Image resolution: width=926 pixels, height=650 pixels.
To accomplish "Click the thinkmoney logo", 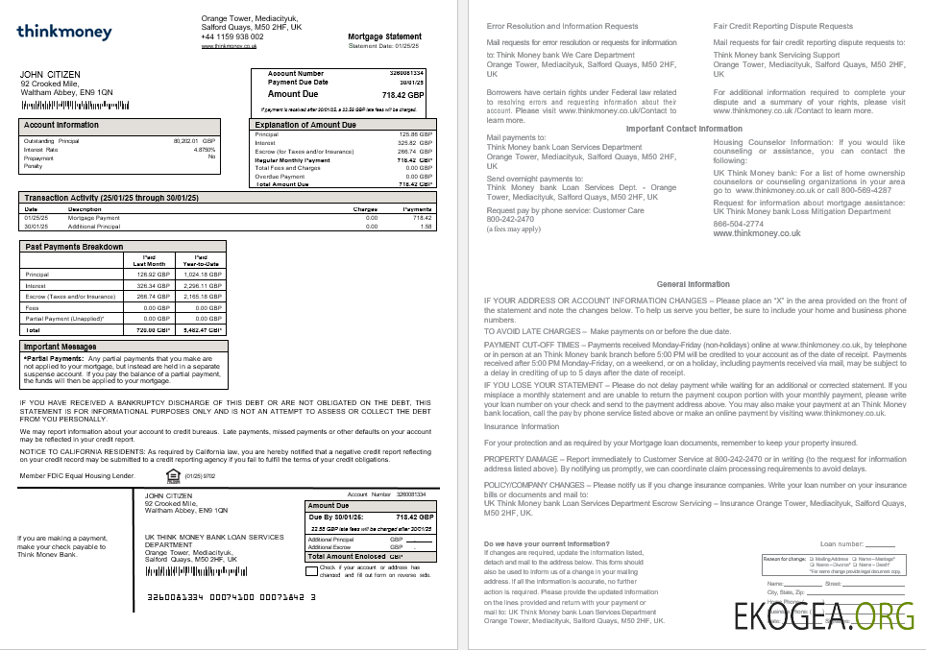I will click(x=64, y=33).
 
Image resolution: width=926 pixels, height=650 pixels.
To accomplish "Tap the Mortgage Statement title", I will click(x=384, y=36).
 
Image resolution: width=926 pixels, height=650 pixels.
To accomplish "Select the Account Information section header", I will click(x=61, y=125).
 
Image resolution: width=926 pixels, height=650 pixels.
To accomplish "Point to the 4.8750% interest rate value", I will click(x=205, y=150).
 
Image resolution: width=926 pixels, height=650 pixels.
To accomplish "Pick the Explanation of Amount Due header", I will click(x=305, y=125).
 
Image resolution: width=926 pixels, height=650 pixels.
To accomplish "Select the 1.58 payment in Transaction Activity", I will click(x=426, y=227).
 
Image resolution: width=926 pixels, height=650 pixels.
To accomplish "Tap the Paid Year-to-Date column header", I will click(x=201, y=259).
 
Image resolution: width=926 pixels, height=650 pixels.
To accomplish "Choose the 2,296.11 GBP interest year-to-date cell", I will click(x=202, y=285).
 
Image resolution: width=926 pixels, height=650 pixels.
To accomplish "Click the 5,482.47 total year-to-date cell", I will click(x=202, y=329).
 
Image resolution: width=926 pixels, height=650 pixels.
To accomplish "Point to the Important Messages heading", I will click(x=60, y=347).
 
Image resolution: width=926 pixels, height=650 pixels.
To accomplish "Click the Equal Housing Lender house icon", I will click(x=173, y=474).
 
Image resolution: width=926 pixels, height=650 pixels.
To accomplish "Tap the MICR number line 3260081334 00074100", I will click(x=231, y=595).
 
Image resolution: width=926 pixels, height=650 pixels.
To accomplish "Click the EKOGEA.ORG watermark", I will click(x=824, y=614).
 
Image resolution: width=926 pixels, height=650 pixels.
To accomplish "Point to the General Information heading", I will click(x=693, y=284).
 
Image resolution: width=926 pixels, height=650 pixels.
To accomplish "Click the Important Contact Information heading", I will click(x=684, y=129).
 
